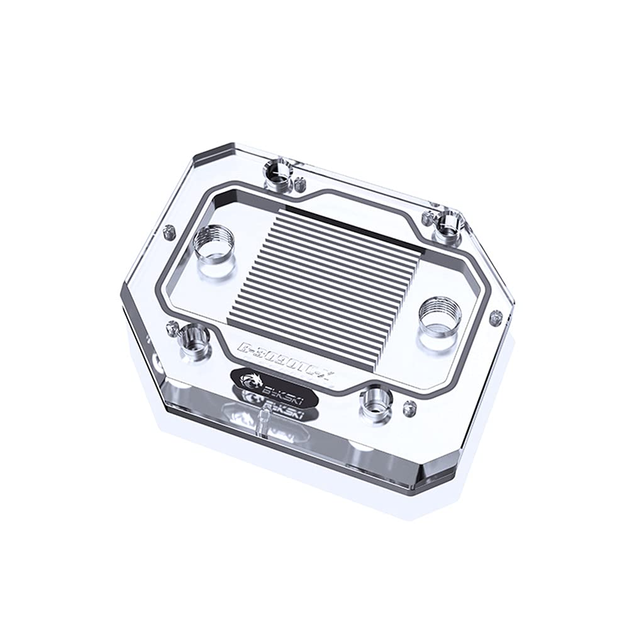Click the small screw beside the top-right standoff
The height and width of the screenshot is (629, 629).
click(428, 218)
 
